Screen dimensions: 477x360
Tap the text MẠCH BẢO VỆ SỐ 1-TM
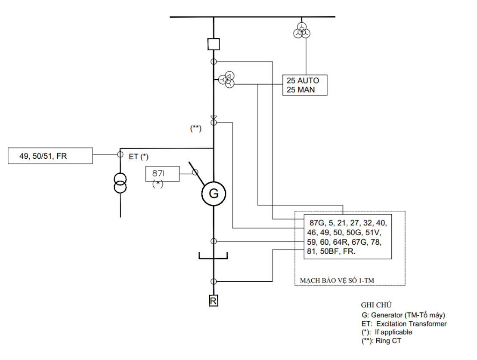[x=337, y=280]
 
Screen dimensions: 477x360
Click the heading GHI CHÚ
[x=376, y=305]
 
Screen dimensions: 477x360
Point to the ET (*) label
[x=139, y=157]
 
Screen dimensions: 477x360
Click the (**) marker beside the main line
[x=195, y=128]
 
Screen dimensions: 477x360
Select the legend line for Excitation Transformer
[x=404, y=324]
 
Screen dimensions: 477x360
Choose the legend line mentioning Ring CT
[x=381, y=341]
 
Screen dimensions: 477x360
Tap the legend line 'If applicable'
[x=387, y=332]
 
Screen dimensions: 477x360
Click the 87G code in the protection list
[x=317, y=223]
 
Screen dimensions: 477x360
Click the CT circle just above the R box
[x=214, y=281]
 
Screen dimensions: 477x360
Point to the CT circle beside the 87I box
[x=195, y=173]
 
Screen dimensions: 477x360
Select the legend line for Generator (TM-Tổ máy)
[x=403, y=315]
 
